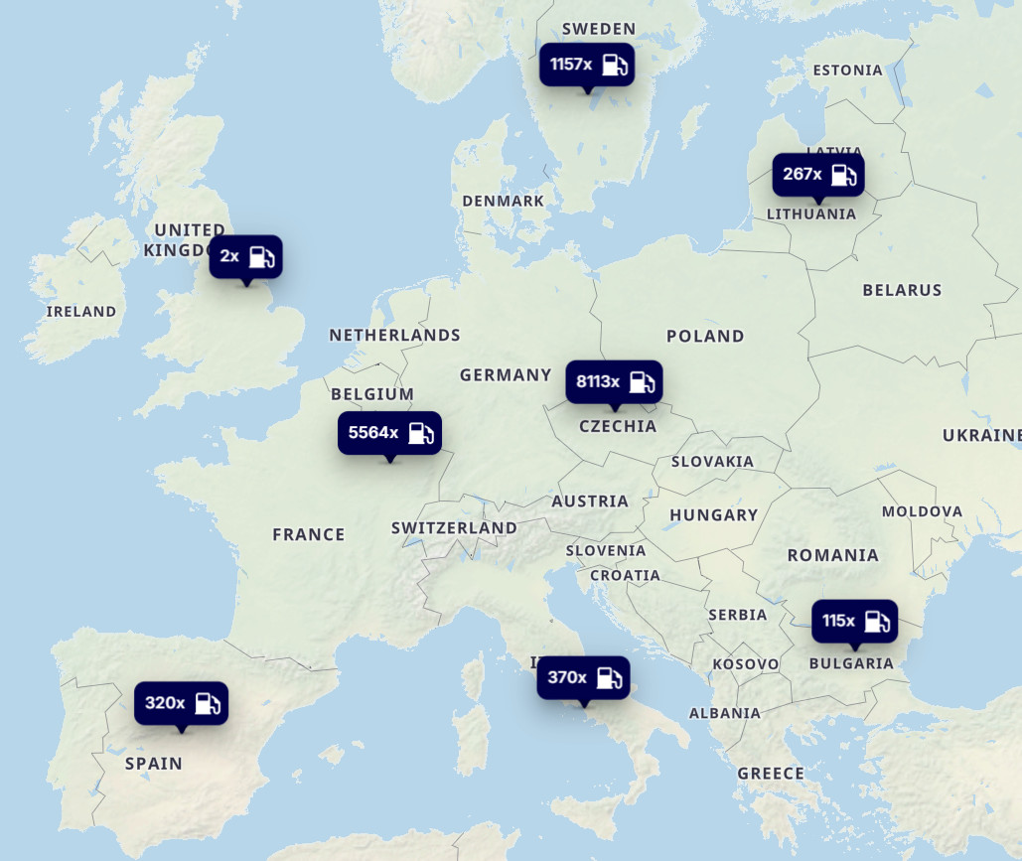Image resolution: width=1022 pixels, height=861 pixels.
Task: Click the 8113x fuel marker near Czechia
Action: click(614, 382)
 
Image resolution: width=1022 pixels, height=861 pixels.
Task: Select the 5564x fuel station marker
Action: click(389, 433)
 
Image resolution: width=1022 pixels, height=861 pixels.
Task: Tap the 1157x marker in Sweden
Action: click(587, 65)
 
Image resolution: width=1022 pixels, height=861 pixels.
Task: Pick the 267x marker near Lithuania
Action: click(817, 175)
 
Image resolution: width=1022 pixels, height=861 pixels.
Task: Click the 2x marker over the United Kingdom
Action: click(245, 256)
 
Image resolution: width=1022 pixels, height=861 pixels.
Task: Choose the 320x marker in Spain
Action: click(181, 703)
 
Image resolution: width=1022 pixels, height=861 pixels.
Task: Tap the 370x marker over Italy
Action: click(583, 678)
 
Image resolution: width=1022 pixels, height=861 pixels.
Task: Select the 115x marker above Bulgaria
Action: click(854, 622)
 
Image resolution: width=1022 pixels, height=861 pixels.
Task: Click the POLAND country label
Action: click(705, 337)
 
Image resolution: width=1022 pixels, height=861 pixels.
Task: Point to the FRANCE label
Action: click(309, 535)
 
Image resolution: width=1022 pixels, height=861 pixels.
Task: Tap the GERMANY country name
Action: click(506, 375)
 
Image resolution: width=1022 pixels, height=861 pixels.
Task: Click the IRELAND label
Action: click(81, 312)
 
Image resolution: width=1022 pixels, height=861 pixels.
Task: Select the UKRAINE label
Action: click(981, 435)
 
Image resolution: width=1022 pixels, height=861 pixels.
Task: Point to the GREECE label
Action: click(771, 774)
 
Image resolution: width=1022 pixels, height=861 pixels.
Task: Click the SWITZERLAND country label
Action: click(454, 528)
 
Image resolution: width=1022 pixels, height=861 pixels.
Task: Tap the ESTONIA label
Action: click(847, 71)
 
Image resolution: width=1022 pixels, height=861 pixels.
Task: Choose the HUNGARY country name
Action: click(713, 515)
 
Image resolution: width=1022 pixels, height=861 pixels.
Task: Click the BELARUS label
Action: click(902, 291)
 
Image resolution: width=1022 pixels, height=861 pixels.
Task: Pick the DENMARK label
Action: click(504, 202)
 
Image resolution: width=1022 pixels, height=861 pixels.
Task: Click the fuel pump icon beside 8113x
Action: click(642, 382)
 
